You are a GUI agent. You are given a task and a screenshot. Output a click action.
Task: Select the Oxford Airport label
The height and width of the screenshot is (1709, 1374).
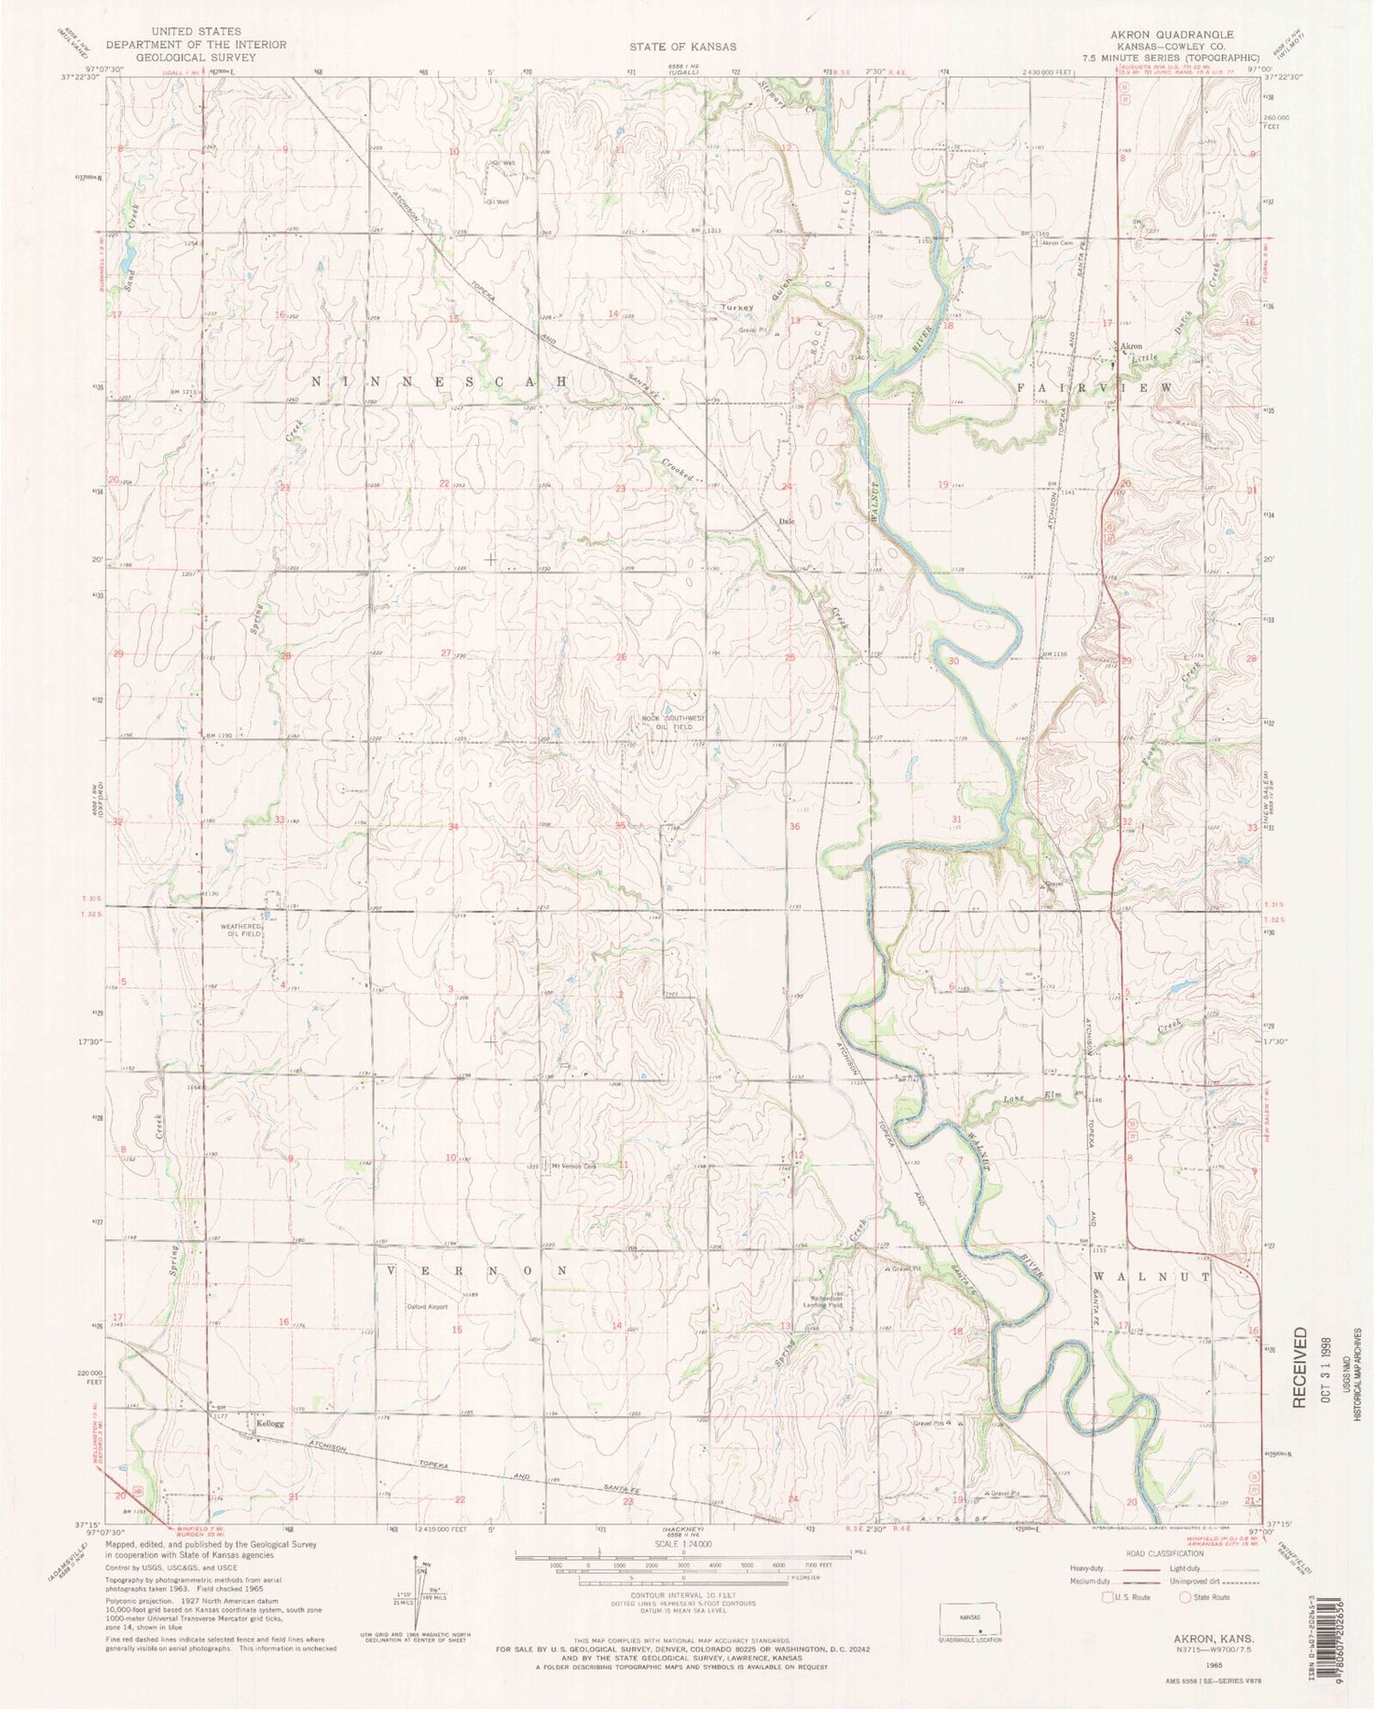click(x=427, y=1307)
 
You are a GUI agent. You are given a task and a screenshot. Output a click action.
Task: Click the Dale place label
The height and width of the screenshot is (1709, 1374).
click(x=785, y=522)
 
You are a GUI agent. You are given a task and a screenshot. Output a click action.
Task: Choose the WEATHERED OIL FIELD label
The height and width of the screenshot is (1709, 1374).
click(x=241, y=930)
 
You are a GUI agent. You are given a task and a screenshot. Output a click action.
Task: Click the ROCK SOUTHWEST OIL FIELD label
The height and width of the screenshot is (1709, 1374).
click(x=673, y=723)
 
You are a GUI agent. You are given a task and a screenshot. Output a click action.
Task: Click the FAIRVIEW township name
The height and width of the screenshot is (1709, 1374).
click(x=1094, y=387)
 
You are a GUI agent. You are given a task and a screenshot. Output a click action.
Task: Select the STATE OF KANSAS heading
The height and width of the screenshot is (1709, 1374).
click(x=682, y=46)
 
